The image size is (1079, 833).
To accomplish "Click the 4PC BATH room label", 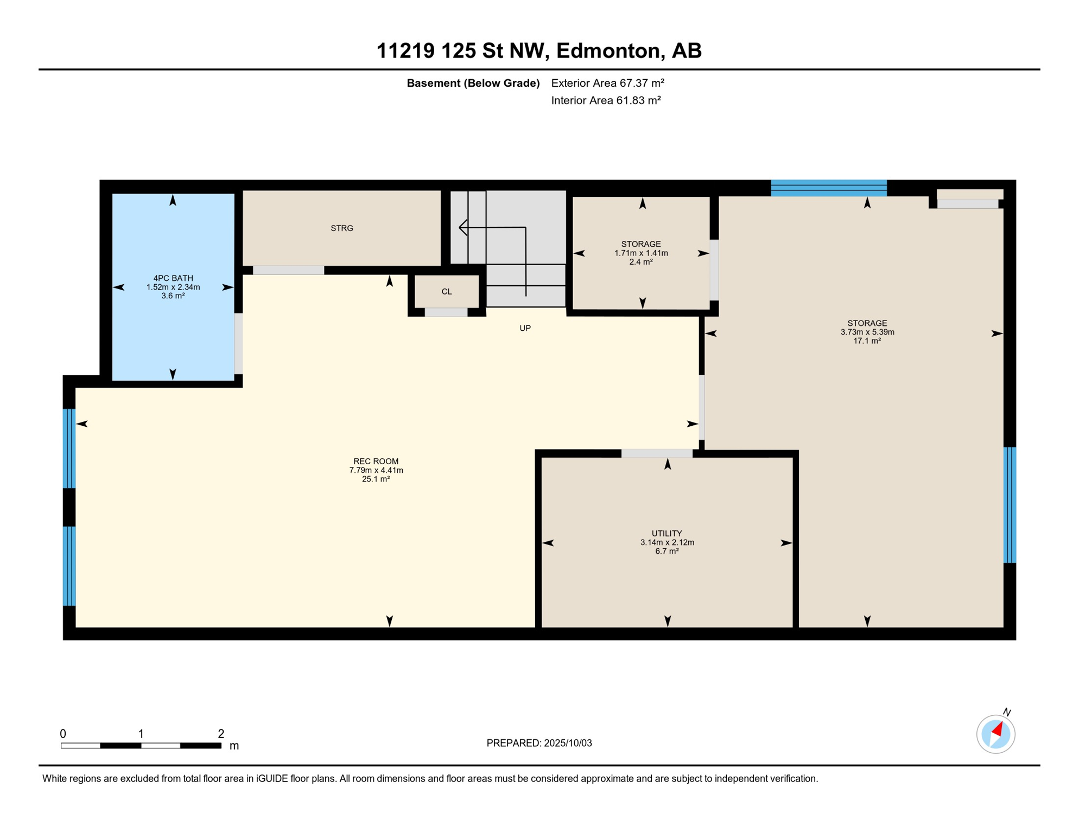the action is point(173,278).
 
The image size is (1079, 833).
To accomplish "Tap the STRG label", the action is point(342,228).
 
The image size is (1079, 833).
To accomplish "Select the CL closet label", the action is point(447,292).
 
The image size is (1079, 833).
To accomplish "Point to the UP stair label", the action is point(525,328).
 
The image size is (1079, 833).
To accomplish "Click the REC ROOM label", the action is point(376,462).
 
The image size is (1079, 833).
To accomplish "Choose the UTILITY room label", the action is point(667,534).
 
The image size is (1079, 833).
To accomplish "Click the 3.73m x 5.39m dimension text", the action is point(867,332).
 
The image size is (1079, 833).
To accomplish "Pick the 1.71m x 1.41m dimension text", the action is point(641,253).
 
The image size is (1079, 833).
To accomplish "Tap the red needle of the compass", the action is point(998,729).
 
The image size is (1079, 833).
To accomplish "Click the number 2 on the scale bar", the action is point(221,734).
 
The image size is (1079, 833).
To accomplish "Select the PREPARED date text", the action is point(539,743).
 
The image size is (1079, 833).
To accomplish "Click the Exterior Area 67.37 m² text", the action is point(608,83).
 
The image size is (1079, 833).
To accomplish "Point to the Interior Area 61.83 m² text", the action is point(606,100).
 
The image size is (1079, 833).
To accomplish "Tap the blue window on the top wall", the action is point(829,188).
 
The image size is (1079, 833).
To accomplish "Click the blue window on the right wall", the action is point(1010,505).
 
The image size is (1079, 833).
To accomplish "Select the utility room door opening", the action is point(657,453).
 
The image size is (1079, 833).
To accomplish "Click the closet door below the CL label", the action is point(446,312).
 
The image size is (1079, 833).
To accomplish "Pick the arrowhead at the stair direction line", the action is point(463,227).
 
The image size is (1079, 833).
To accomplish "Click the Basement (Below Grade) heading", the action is point(473,83).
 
